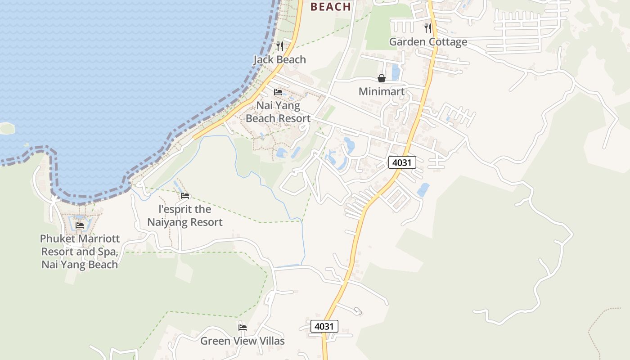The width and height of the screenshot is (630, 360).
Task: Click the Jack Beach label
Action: click(279, 59)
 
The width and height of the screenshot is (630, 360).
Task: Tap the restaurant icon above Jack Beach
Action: click(279, 45)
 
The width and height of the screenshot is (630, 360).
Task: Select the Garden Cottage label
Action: click(428, 42)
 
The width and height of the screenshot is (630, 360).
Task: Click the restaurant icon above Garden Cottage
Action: click(428, 28)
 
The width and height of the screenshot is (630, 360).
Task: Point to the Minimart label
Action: click(381, 92)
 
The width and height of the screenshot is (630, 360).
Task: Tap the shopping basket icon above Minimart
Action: click(382, 78)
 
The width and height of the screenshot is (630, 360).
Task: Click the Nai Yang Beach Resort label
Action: click(278, 112)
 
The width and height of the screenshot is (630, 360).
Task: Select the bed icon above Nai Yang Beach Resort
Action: click(278, 92)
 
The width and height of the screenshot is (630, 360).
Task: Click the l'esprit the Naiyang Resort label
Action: click(185, 216)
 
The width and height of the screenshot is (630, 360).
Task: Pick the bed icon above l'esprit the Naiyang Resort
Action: click(185, 196)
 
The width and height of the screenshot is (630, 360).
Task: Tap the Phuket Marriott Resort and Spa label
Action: click(80, 251)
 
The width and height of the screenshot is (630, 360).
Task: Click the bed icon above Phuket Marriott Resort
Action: click(80, 225)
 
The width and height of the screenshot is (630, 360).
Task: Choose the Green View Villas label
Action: click(243, 341)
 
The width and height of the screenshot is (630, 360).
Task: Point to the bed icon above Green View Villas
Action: click(243, 327)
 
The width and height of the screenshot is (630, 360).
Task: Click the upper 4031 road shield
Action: click(402, 162)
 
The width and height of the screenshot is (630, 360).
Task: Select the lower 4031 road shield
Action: click(324, 326)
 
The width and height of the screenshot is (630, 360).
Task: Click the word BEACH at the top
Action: click(331, 6)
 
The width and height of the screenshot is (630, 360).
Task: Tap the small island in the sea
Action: click(7, 129)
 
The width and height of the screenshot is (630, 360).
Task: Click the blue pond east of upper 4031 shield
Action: click(423, 190)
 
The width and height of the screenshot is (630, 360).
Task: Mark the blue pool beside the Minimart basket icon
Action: click(396, 72)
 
